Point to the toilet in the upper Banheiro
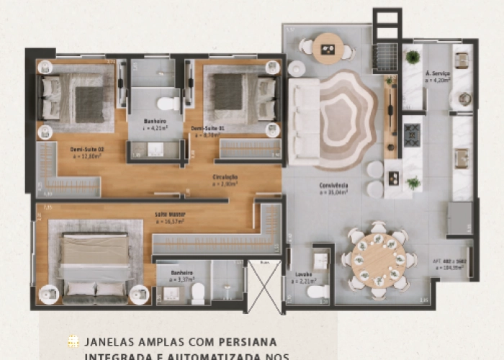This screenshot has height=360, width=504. click(x=168, y=104)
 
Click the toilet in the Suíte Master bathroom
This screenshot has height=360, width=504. click(x=198, y=292)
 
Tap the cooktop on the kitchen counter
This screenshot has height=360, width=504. click(x=412, y=135)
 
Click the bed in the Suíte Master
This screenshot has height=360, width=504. click(x=95, y=261)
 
